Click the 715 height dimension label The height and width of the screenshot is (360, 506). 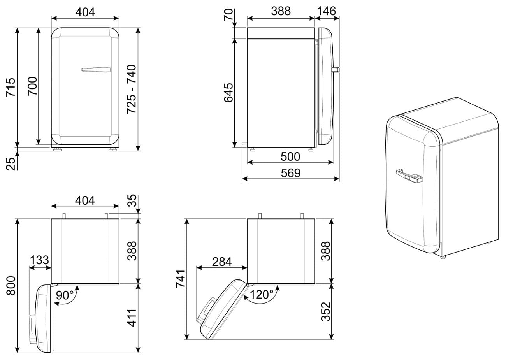pyautogui.click(x=11, y=88)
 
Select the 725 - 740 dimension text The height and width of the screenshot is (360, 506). pyautogui.click(x=131, y=89)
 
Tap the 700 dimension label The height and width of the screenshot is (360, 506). pyautogui.click(x=32, y=86)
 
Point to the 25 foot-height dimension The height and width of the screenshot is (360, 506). pyautogui.click(x=11, y=164)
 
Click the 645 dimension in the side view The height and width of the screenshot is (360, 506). pyautogui.click(x=228, y=93)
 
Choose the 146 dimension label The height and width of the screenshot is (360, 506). pyautogui.click(x=327, y=11)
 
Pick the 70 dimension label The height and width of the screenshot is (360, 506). pyautogui.click(x=228, y=15)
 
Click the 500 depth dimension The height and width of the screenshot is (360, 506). pyautogui.click(x=290, y=156)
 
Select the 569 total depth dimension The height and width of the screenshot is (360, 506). pyautogui.click(x=291, y=173)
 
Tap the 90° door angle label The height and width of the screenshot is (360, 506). pyautogui.click(x=65, y=295)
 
